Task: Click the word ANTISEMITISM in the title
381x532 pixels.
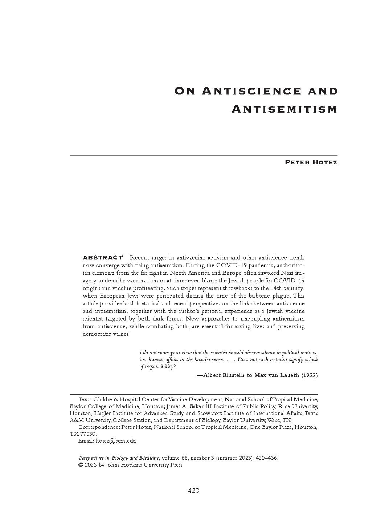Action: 284,109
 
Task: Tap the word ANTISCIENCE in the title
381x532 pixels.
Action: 251,91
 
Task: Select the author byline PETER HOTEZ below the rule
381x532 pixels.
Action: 311,162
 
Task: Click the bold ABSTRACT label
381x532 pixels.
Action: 103,258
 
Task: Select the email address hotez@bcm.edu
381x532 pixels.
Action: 116,441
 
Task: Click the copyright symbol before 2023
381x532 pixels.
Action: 81,465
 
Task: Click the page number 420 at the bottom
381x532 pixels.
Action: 194,491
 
